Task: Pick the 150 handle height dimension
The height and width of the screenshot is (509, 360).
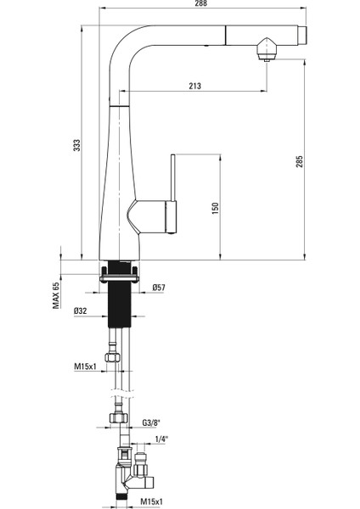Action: coord(215,208)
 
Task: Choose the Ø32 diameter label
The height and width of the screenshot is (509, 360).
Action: coord(82,311)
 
